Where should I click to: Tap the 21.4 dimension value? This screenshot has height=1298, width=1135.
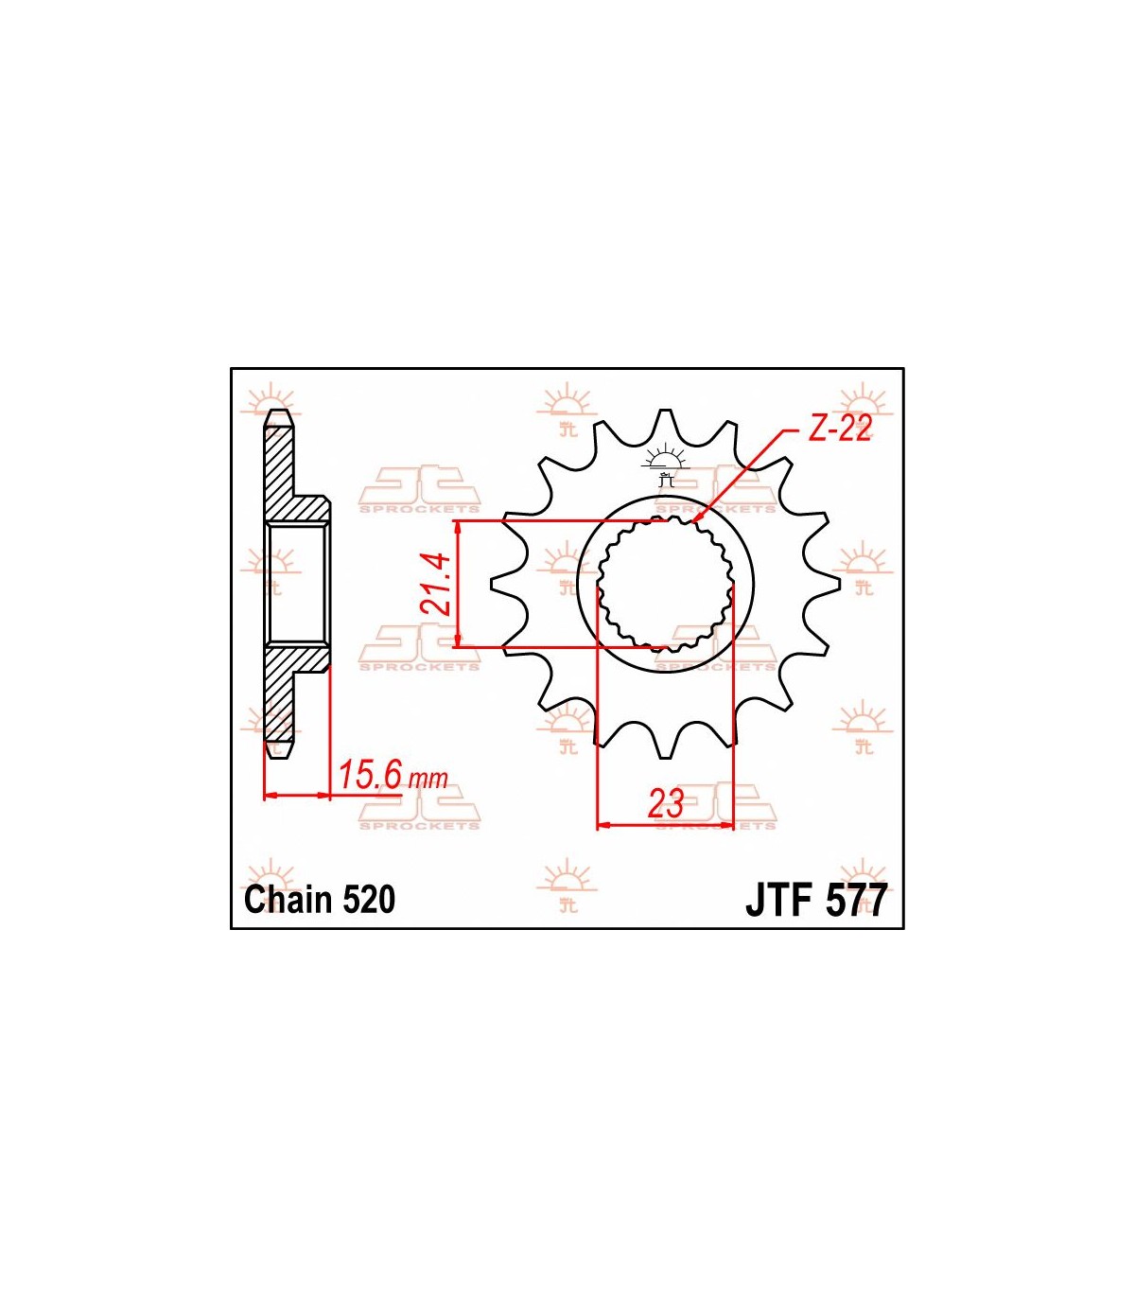(436, 585)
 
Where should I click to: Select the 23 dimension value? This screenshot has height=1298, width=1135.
(665, 804)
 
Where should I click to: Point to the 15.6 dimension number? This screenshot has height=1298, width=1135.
(370, 775)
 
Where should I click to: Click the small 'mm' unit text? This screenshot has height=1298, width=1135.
(428, 779)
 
